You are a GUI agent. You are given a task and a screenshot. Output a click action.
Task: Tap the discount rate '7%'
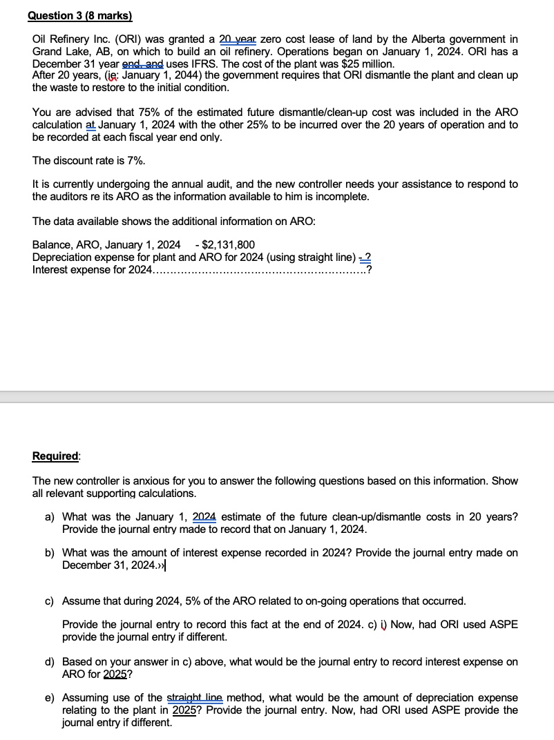point(136,160)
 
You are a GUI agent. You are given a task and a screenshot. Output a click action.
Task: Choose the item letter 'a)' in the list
point(50,517)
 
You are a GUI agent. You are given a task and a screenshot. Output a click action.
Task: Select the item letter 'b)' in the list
point(50,553)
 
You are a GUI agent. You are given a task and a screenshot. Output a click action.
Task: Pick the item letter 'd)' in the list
point(50,662)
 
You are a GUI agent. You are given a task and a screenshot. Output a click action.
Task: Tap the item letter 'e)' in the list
point(50,698)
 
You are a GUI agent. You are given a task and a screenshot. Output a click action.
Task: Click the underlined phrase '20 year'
point(238,40)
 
